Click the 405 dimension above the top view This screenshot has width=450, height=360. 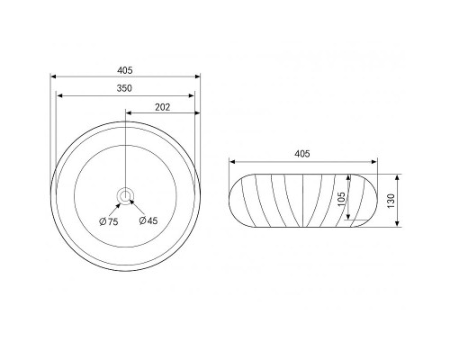[124, 70]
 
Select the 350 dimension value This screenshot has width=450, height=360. [124, 88]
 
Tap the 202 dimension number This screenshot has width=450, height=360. [162, 107]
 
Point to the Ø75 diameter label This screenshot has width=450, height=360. [109, 221]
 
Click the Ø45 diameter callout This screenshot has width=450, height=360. [148, 220]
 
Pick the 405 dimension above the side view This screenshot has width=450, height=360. [301, 154]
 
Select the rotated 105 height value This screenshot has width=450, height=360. [341, 199]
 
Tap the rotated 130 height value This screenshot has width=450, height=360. [391, 201]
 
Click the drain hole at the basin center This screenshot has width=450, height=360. [124, 196]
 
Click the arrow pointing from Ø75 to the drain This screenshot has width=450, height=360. [114, 210]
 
